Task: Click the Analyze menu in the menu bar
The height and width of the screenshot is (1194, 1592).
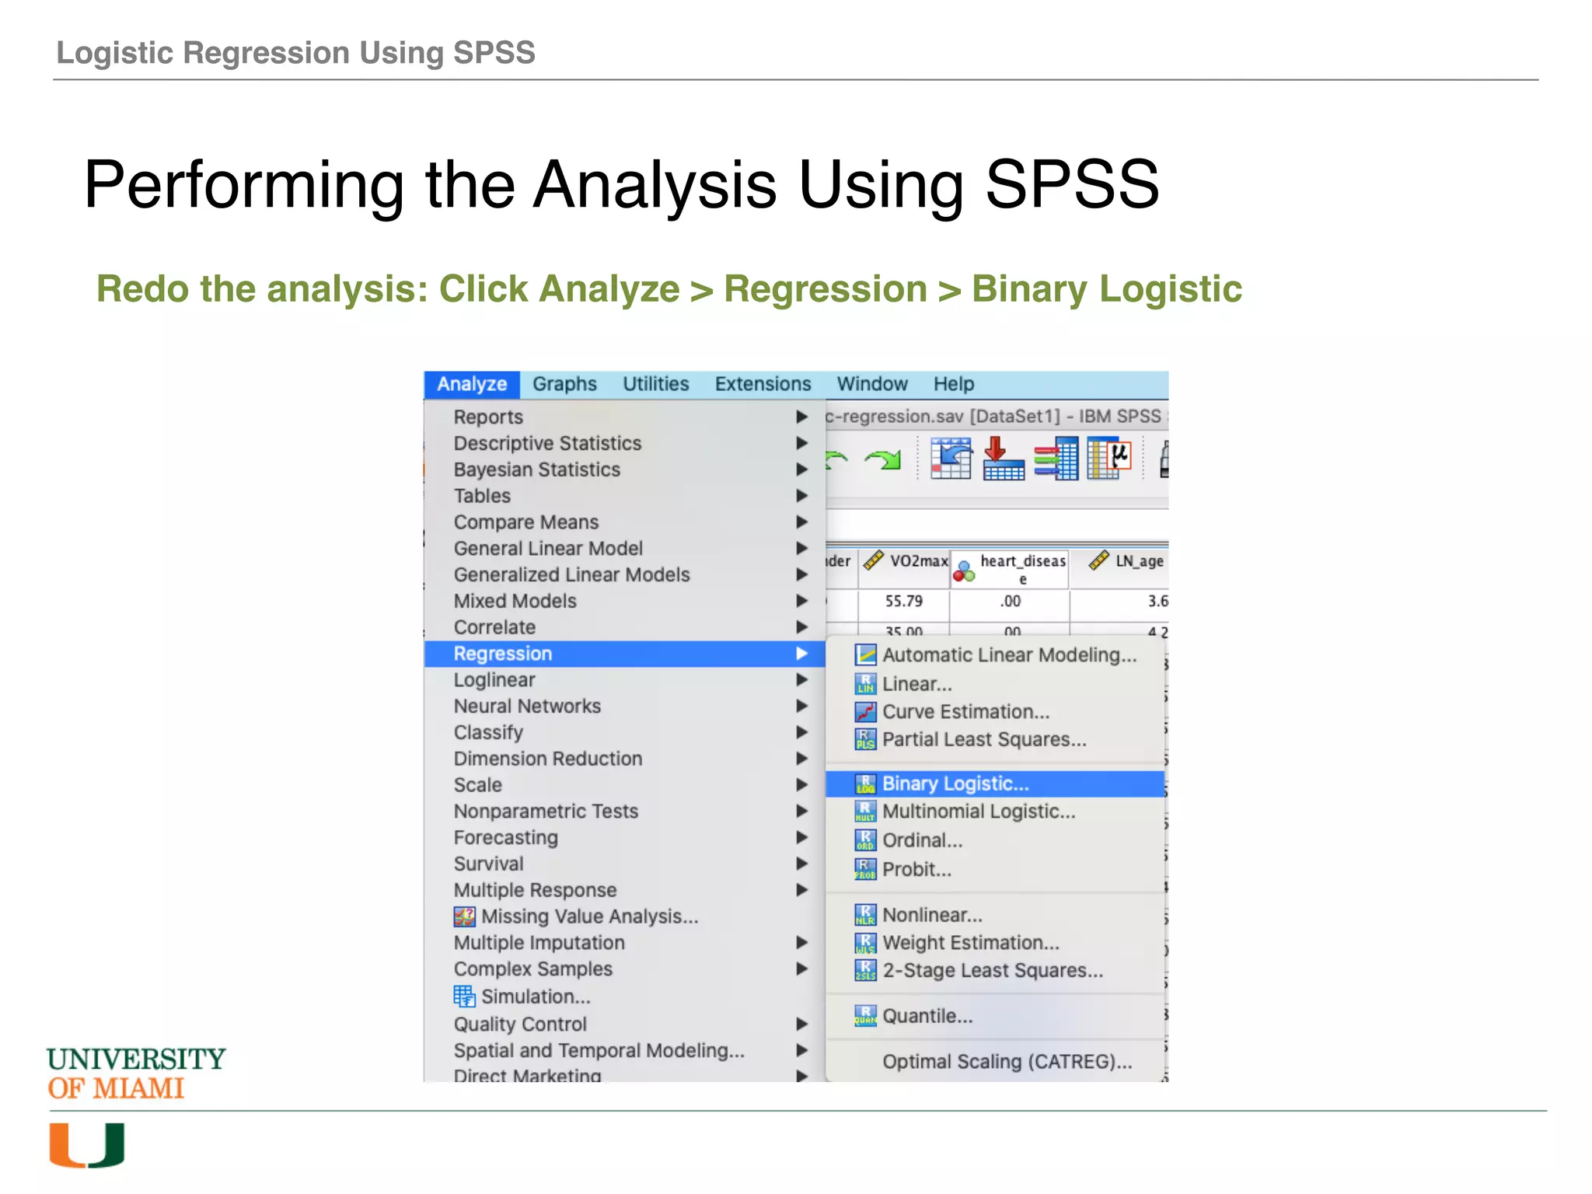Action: pos(471,384)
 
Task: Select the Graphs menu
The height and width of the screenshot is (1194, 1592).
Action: pos(564,384)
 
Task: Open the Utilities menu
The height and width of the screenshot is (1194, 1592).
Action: pos(655,384)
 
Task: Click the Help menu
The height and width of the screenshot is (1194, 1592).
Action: pos(953,384)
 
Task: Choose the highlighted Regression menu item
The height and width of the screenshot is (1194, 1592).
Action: pos(503,654)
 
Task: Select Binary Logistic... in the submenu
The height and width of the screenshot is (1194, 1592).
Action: pos(955,784)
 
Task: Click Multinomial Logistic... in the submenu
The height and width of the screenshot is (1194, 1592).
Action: pos(979,812)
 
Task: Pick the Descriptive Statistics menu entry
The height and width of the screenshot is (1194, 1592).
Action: pos(547,443)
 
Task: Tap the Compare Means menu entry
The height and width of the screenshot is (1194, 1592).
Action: pos(526,522)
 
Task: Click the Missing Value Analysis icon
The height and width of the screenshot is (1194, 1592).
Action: pos(464,917)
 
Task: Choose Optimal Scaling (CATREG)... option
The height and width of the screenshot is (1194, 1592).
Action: pos(1007,1062)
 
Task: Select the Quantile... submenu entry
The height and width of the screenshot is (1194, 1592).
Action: pos(927,1016)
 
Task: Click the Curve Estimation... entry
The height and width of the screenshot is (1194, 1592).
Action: pos(965,712)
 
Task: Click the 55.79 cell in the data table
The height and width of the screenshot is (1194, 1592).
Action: pos(903,601)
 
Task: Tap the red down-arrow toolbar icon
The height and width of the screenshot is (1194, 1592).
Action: pos(1003,459)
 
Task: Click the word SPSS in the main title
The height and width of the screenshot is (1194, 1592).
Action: pos(1072,184)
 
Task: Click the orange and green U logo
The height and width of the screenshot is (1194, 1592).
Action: pos(87,1145)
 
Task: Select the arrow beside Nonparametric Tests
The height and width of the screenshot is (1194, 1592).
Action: pos(801,812)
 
